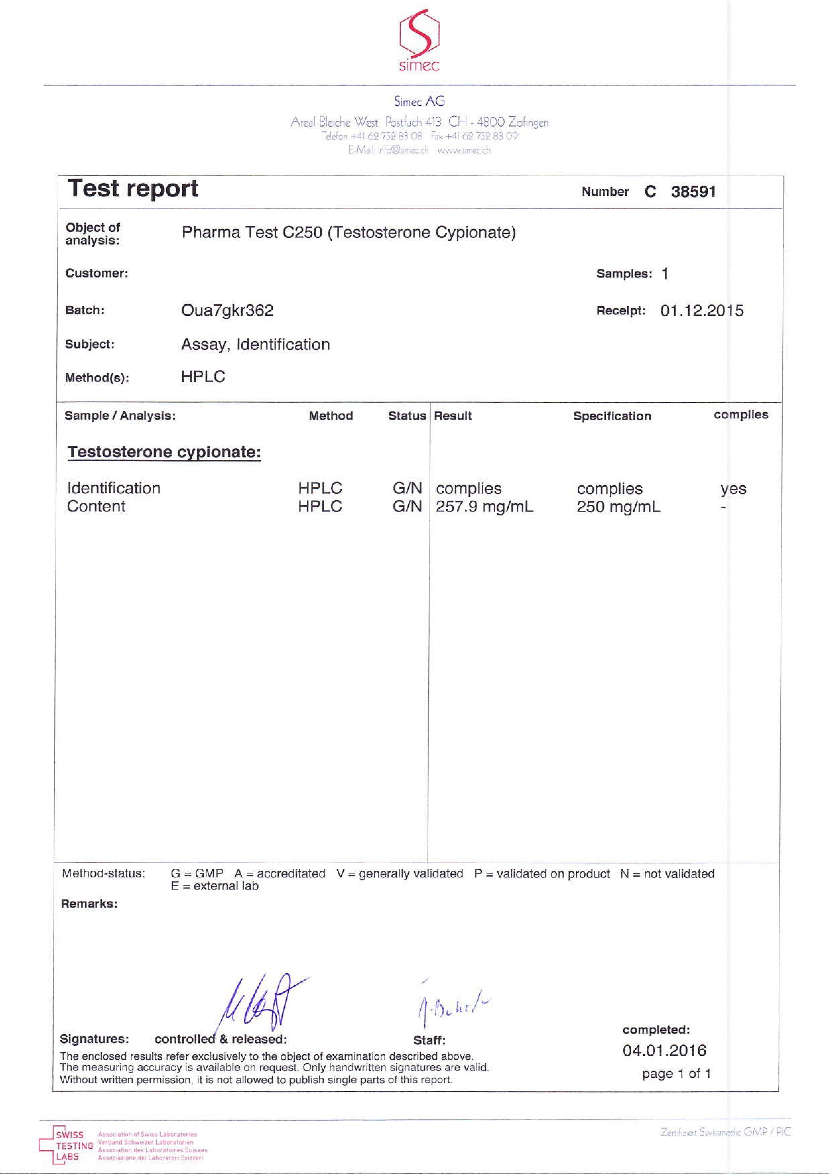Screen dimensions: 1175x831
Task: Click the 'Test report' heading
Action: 133,188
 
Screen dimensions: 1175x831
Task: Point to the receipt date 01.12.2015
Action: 702,311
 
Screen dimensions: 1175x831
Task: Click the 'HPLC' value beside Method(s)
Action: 203,377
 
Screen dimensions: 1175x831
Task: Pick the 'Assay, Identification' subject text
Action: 255,345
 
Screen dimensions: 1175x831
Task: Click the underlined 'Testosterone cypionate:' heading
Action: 164,452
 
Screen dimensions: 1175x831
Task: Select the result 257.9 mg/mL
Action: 484,507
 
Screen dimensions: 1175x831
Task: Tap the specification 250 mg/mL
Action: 618,507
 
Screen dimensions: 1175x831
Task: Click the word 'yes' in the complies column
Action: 733,489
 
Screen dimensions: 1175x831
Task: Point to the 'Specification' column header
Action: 612,416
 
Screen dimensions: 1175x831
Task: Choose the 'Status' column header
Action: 407,416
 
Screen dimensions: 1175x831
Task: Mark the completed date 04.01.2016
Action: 664,1051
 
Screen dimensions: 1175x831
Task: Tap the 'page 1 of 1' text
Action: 676,1074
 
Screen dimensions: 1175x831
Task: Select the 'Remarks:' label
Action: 89,904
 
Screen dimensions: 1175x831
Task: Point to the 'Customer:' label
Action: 97,273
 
